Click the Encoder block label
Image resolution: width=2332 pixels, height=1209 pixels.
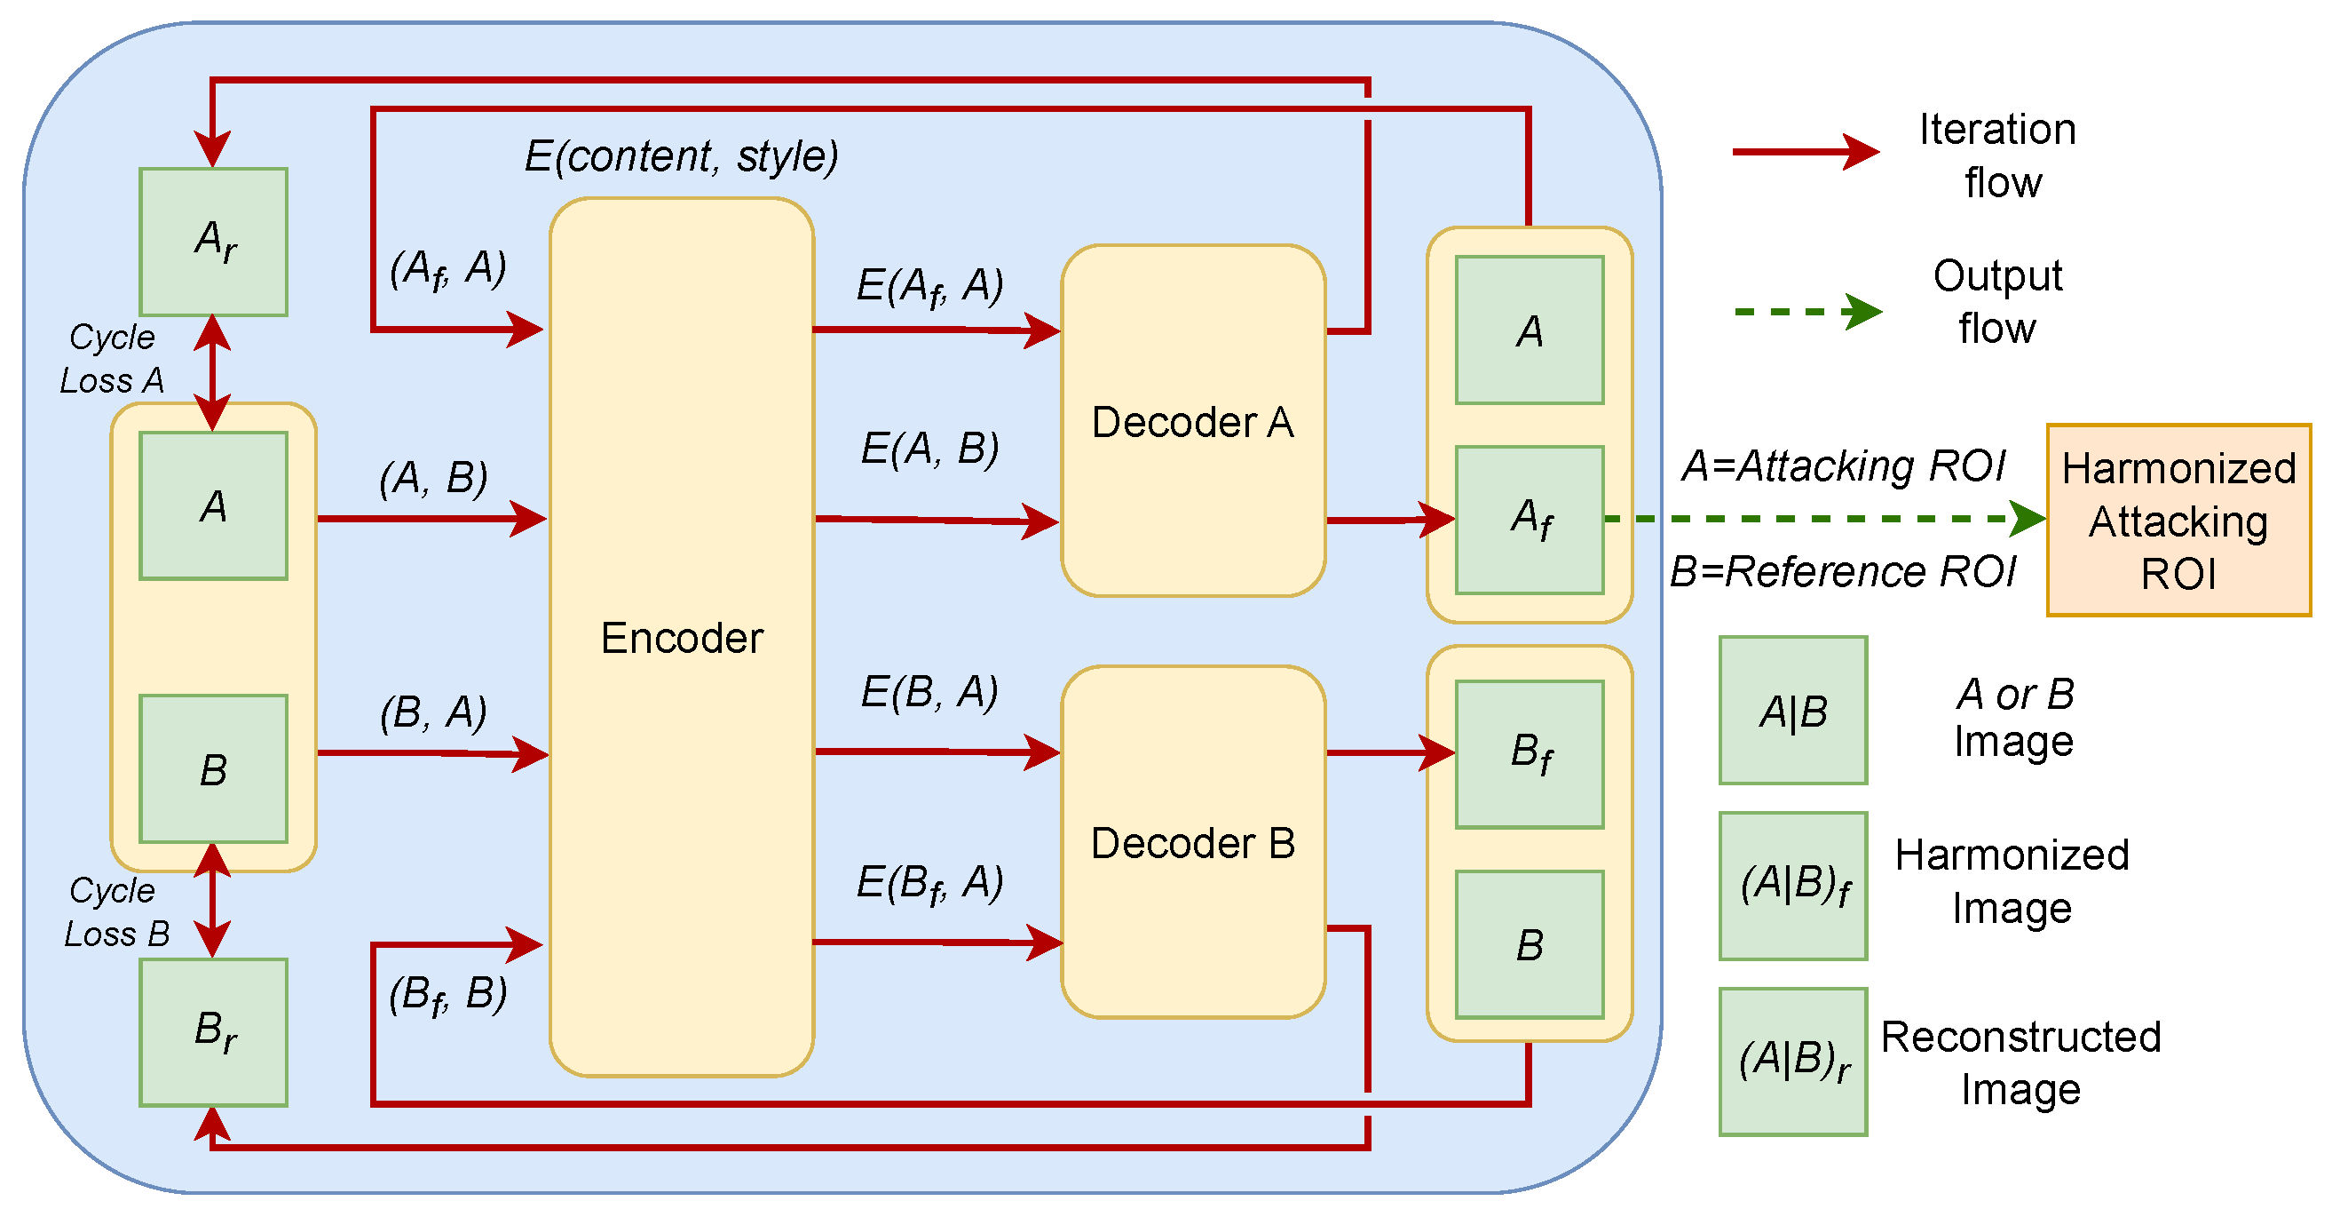point(682,638)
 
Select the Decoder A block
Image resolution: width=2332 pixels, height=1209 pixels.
point(1192,421)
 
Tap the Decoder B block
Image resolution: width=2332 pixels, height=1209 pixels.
point(1192,842)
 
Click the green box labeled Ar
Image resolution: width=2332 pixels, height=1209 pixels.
point(214,242)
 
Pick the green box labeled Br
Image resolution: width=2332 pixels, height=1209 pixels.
point(214,1031)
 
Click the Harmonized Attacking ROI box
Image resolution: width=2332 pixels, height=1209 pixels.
point(2178,520)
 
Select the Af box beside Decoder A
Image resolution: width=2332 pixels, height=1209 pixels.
point(1529,519)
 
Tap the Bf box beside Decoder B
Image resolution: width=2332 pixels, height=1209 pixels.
point(1529,753)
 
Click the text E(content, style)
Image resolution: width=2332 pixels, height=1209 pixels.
point(682,155)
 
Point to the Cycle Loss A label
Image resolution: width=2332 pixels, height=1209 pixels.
point(111,359)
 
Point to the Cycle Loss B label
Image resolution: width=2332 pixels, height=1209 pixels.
point(116,912)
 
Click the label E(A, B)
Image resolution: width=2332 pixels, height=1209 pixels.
point(929,449)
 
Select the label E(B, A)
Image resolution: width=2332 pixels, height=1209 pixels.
point(929,692)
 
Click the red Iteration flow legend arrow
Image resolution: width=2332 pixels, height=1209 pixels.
point(1804,151)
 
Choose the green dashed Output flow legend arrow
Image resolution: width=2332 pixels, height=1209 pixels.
point(1806,312)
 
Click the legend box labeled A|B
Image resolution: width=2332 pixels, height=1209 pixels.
point(1792,710)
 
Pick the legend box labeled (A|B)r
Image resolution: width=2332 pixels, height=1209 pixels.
point(1792,1061)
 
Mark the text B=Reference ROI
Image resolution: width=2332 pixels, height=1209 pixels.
point(1842,571)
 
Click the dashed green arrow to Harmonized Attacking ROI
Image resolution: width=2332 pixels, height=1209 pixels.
point(1820,519)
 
